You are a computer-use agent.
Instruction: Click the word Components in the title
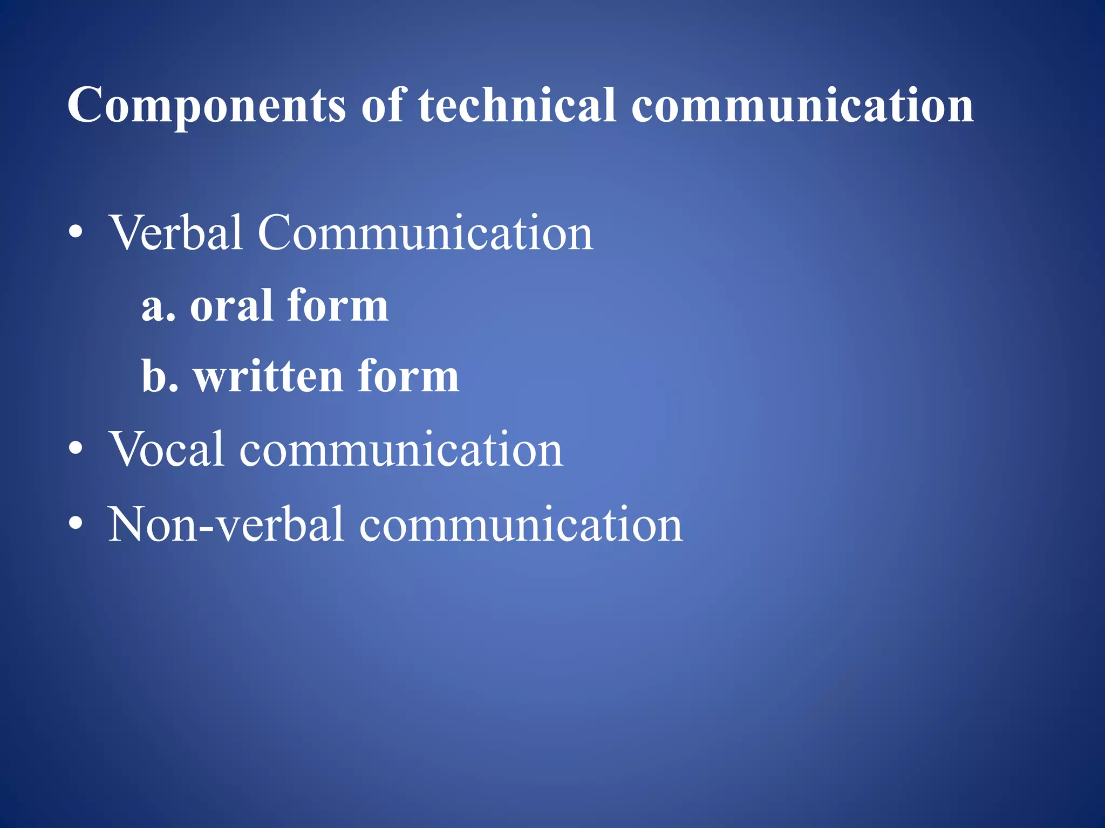206,106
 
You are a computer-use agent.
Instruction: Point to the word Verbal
176,233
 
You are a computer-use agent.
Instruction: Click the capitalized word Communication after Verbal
425,233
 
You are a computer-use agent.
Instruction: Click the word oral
231,306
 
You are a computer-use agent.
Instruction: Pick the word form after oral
337,306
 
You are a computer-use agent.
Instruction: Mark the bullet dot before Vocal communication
76,448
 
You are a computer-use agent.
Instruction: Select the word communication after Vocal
401,450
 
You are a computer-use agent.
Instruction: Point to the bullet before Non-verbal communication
76,523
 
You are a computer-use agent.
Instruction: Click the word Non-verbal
226,525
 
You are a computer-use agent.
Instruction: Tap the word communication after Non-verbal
521,525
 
